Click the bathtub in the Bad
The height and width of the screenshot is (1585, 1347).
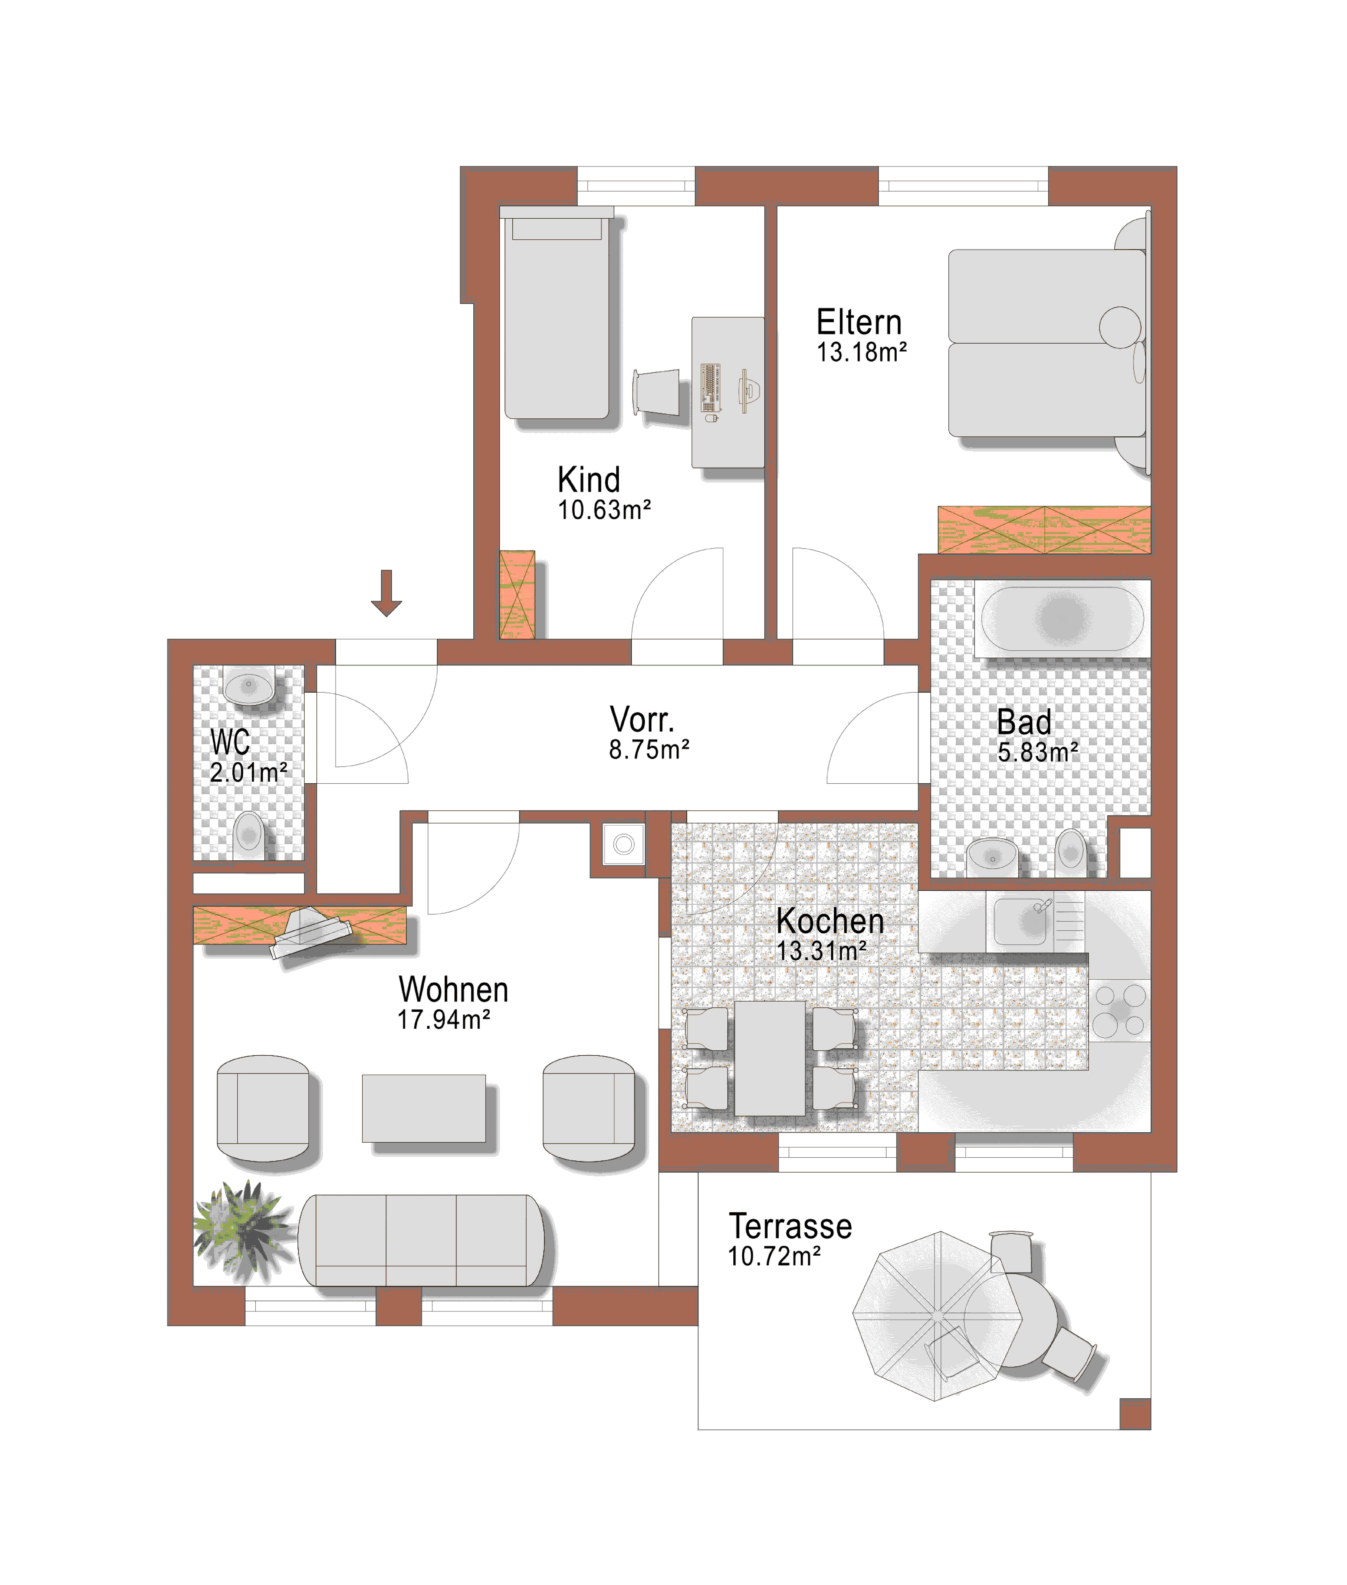[1062, 618]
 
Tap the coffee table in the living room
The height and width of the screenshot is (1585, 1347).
[424, 1109]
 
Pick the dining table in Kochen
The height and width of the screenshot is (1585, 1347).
[770, 1058]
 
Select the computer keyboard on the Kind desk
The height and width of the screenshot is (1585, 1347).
[711, 388]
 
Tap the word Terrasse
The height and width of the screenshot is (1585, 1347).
[790, 1226]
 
